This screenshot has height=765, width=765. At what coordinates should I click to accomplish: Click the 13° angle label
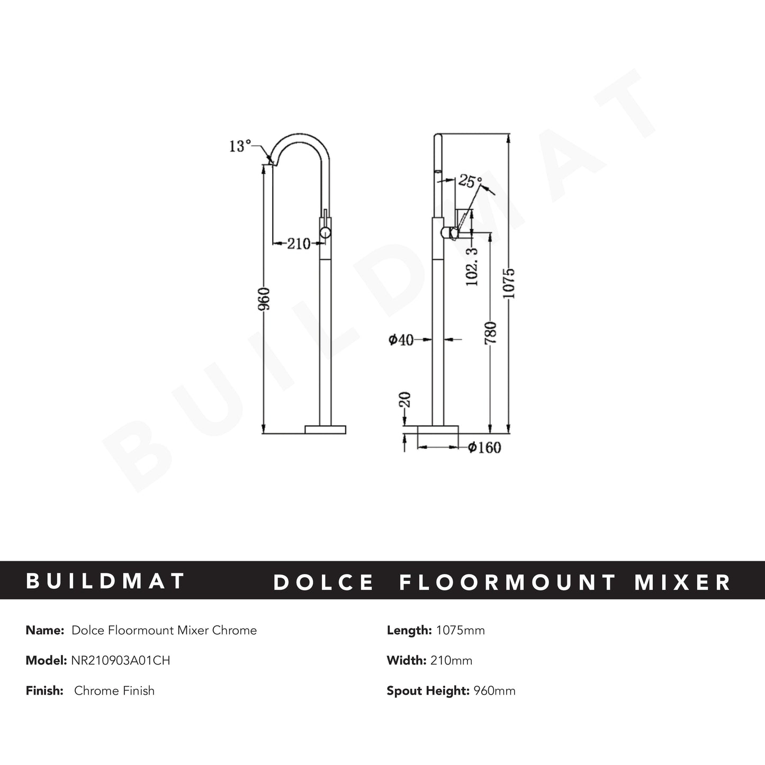(240, 146)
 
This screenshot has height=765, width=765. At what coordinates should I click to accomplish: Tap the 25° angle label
(470, 181)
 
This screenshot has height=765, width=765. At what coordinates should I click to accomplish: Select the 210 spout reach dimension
(298, 244)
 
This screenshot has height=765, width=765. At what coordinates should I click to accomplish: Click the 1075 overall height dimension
(509, 283)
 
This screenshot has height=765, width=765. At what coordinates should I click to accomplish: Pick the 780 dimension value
(491, 332)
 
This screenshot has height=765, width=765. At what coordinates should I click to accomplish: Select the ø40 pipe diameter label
(401, 340)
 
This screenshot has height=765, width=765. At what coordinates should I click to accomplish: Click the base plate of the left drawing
(326, 429)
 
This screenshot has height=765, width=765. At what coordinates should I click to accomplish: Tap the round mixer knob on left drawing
(325, 232)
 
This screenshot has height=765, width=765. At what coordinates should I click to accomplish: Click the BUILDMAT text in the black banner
(105, 581)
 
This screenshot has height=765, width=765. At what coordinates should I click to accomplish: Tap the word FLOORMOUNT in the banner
(508, 582)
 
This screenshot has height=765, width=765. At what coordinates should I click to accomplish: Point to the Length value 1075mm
(460, 630)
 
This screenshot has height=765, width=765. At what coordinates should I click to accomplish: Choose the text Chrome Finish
(114, 690)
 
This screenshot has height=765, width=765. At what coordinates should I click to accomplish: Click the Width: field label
(406, 660)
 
